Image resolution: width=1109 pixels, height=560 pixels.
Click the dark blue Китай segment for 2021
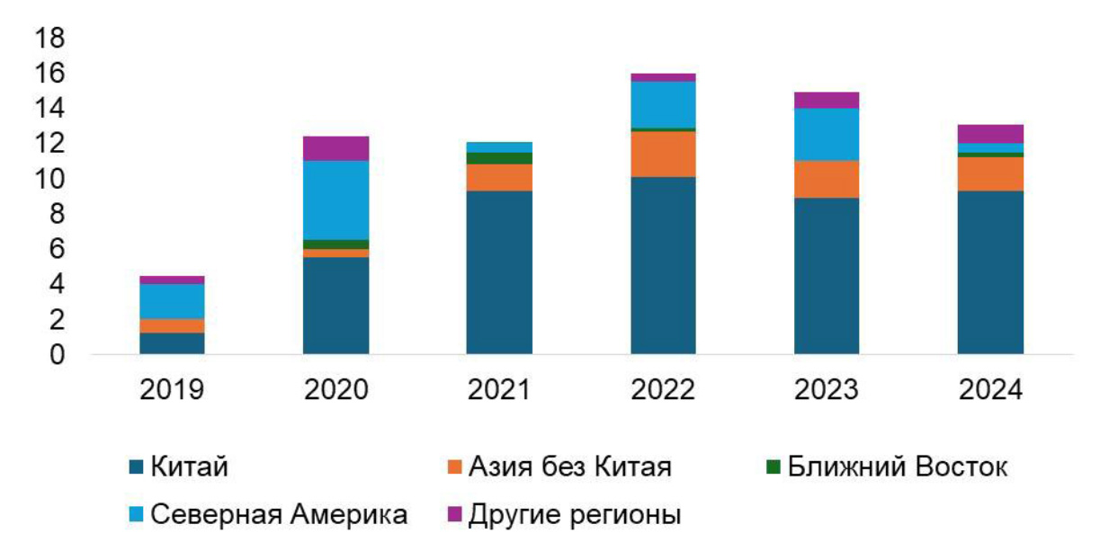(499, 271)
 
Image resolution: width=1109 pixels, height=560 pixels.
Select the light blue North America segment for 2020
(335, 200)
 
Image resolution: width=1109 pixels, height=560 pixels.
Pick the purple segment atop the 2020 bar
(335, 148)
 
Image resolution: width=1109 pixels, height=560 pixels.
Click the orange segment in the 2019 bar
(172, 325)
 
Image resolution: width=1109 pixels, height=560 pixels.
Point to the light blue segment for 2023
(827, 134)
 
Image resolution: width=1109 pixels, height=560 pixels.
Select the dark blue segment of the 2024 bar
(990, 271)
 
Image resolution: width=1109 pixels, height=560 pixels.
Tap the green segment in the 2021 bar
(499, 158)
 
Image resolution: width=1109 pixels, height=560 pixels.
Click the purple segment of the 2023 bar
(827, 100)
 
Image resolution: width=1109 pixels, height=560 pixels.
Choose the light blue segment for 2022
(663, 104)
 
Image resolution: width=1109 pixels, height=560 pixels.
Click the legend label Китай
(189, 467)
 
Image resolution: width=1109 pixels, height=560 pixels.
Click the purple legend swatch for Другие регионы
(454, 515)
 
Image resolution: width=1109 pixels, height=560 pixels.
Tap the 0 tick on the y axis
(57, 355)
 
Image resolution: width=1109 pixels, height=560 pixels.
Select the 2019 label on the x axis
(172, 391)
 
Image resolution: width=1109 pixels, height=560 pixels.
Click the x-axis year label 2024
(990, 391)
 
